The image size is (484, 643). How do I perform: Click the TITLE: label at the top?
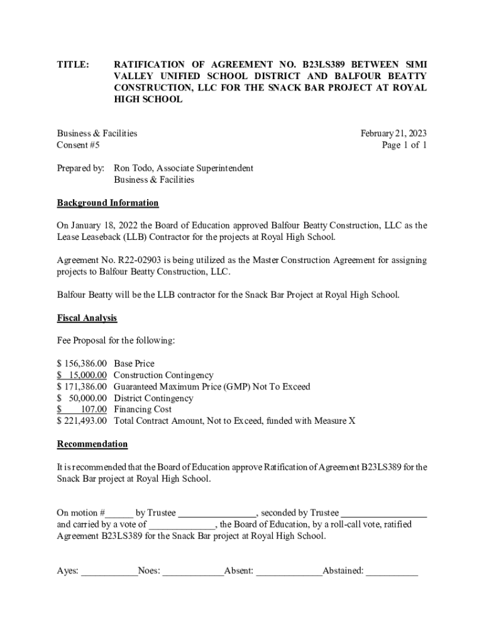click(73, 65)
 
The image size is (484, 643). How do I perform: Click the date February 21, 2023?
click(393, 133)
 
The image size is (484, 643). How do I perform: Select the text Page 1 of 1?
click(404, 145)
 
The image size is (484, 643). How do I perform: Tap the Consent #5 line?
click(78, 145)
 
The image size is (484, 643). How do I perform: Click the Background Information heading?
click(107, 203)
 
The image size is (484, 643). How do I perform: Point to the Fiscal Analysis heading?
click(87, 318)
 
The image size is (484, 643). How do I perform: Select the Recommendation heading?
click(92, 444)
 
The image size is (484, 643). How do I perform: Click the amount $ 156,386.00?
click(82, 364)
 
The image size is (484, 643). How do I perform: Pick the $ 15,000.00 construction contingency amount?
click(82, 375)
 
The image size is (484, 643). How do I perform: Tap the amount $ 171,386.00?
click(82, 386)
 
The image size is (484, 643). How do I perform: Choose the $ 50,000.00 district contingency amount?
click(82, 398)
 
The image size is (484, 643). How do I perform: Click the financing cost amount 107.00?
click(94, 409)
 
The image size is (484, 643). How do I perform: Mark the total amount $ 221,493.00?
click(82, 421)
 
